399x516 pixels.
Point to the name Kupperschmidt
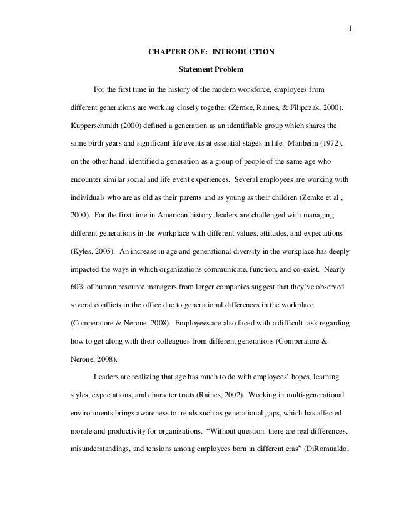(x=98, y=125)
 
